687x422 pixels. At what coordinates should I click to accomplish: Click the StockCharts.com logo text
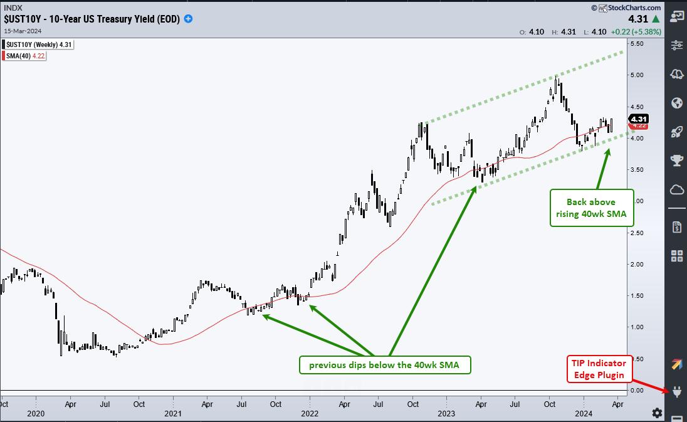point(628,8)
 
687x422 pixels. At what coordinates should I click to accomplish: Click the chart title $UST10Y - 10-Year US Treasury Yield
point(91,19)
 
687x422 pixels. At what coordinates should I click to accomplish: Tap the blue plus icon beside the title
point(188,19)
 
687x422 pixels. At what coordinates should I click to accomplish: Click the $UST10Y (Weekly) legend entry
point(38,45)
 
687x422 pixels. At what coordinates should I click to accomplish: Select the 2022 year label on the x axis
point(309,413)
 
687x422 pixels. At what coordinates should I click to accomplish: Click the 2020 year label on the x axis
point(36,413)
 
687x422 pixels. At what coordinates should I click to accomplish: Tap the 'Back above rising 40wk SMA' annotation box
point(591,208)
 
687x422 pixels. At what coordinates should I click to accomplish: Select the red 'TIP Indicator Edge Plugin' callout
point(597,369)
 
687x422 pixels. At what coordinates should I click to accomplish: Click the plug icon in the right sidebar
point(677,393)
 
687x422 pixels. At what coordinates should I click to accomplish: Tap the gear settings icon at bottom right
point(656,413)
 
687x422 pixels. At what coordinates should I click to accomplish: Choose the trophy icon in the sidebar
point(677,161)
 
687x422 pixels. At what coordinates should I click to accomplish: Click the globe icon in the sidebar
point(677,103)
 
